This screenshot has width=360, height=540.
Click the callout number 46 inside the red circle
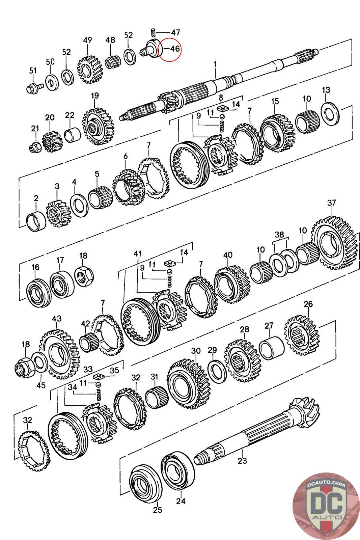point(174,49)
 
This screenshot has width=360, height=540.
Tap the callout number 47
point(175,32)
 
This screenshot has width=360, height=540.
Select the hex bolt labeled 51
point(33,88)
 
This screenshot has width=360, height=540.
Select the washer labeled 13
point(331,113)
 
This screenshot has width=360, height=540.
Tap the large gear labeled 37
point(334,244)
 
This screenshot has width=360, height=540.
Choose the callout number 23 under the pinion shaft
point(242,460)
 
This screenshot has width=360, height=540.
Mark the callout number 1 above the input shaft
point(216,63)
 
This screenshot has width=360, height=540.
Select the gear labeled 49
point(89,71)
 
